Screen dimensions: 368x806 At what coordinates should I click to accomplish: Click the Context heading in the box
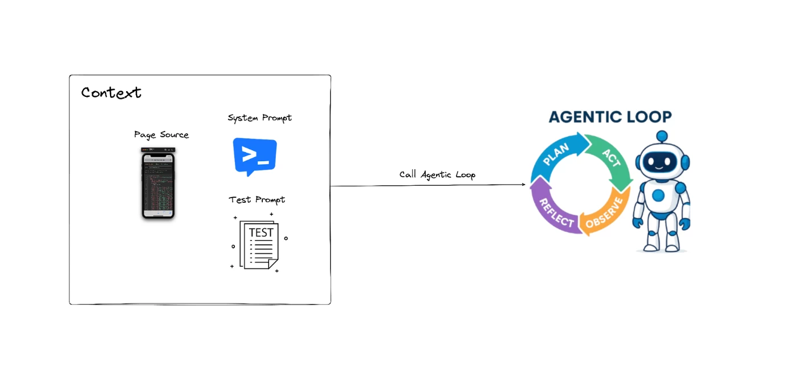point(111,92)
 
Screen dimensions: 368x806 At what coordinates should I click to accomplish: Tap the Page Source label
point(161,135)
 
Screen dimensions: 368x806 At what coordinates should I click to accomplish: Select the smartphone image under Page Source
point(158,183)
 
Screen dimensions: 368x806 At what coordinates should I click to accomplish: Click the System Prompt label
point(259,118)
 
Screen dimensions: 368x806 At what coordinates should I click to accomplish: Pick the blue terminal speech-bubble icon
point(255,156)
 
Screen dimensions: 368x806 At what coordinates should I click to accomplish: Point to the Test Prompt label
point(257,200)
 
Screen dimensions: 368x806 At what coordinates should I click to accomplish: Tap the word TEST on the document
point(261,232)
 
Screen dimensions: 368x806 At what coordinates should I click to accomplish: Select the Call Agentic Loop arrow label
point(437,175)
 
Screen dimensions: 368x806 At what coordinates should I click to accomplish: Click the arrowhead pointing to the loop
point(523,185)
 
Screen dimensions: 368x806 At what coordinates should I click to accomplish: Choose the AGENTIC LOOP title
point(610,117)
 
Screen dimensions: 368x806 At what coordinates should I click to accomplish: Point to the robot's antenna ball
point(661,136)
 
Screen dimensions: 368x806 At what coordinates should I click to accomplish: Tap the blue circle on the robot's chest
point(659,195)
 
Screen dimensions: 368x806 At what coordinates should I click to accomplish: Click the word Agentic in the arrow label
point(437,175)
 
